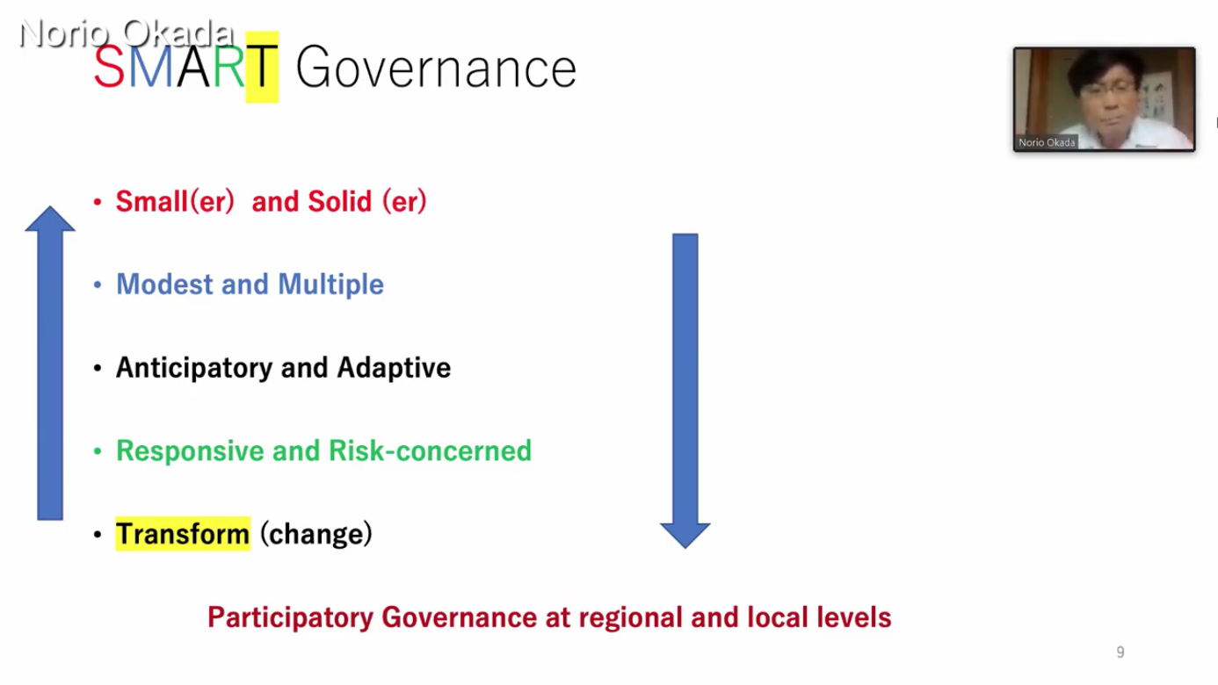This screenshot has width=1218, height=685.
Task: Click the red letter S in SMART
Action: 109,67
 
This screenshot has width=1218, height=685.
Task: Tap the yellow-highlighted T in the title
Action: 262,67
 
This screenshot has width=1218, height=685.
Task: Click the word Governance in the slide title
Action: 436,68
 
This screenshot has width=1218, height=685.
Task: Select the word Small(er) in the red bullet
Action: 175,201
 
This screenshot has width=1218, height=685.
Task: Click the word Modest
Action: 164,285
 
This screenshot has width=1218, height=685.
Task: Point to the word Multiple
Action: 330,285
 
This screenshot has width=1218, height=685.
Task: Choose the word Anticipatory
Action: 193,368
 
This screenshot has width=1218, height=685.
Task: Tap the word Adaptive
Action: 395,368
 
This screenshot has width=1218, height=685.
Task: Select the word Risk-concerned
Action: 430,451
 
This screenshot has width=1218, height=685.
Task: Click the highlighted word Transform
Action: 183,534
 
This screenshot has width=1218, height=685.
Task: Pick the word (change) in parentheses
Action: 316,534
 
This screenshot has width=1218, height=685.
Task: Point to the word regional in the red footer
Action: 630,618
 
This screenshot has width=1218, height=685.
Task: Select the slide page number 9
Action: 1120,652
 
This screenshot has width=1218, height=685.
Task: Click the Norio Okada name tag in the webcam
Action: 1047,142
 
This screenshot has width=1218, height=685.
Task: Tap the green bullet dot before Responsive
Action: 98,451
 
